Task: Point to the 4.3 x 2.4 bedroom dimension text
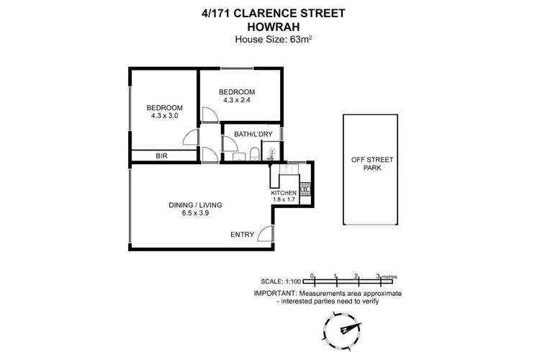point(237,102)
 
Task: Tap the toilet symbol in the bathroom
point(254,152)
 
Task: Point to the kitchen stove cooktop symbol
point(305,187)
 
